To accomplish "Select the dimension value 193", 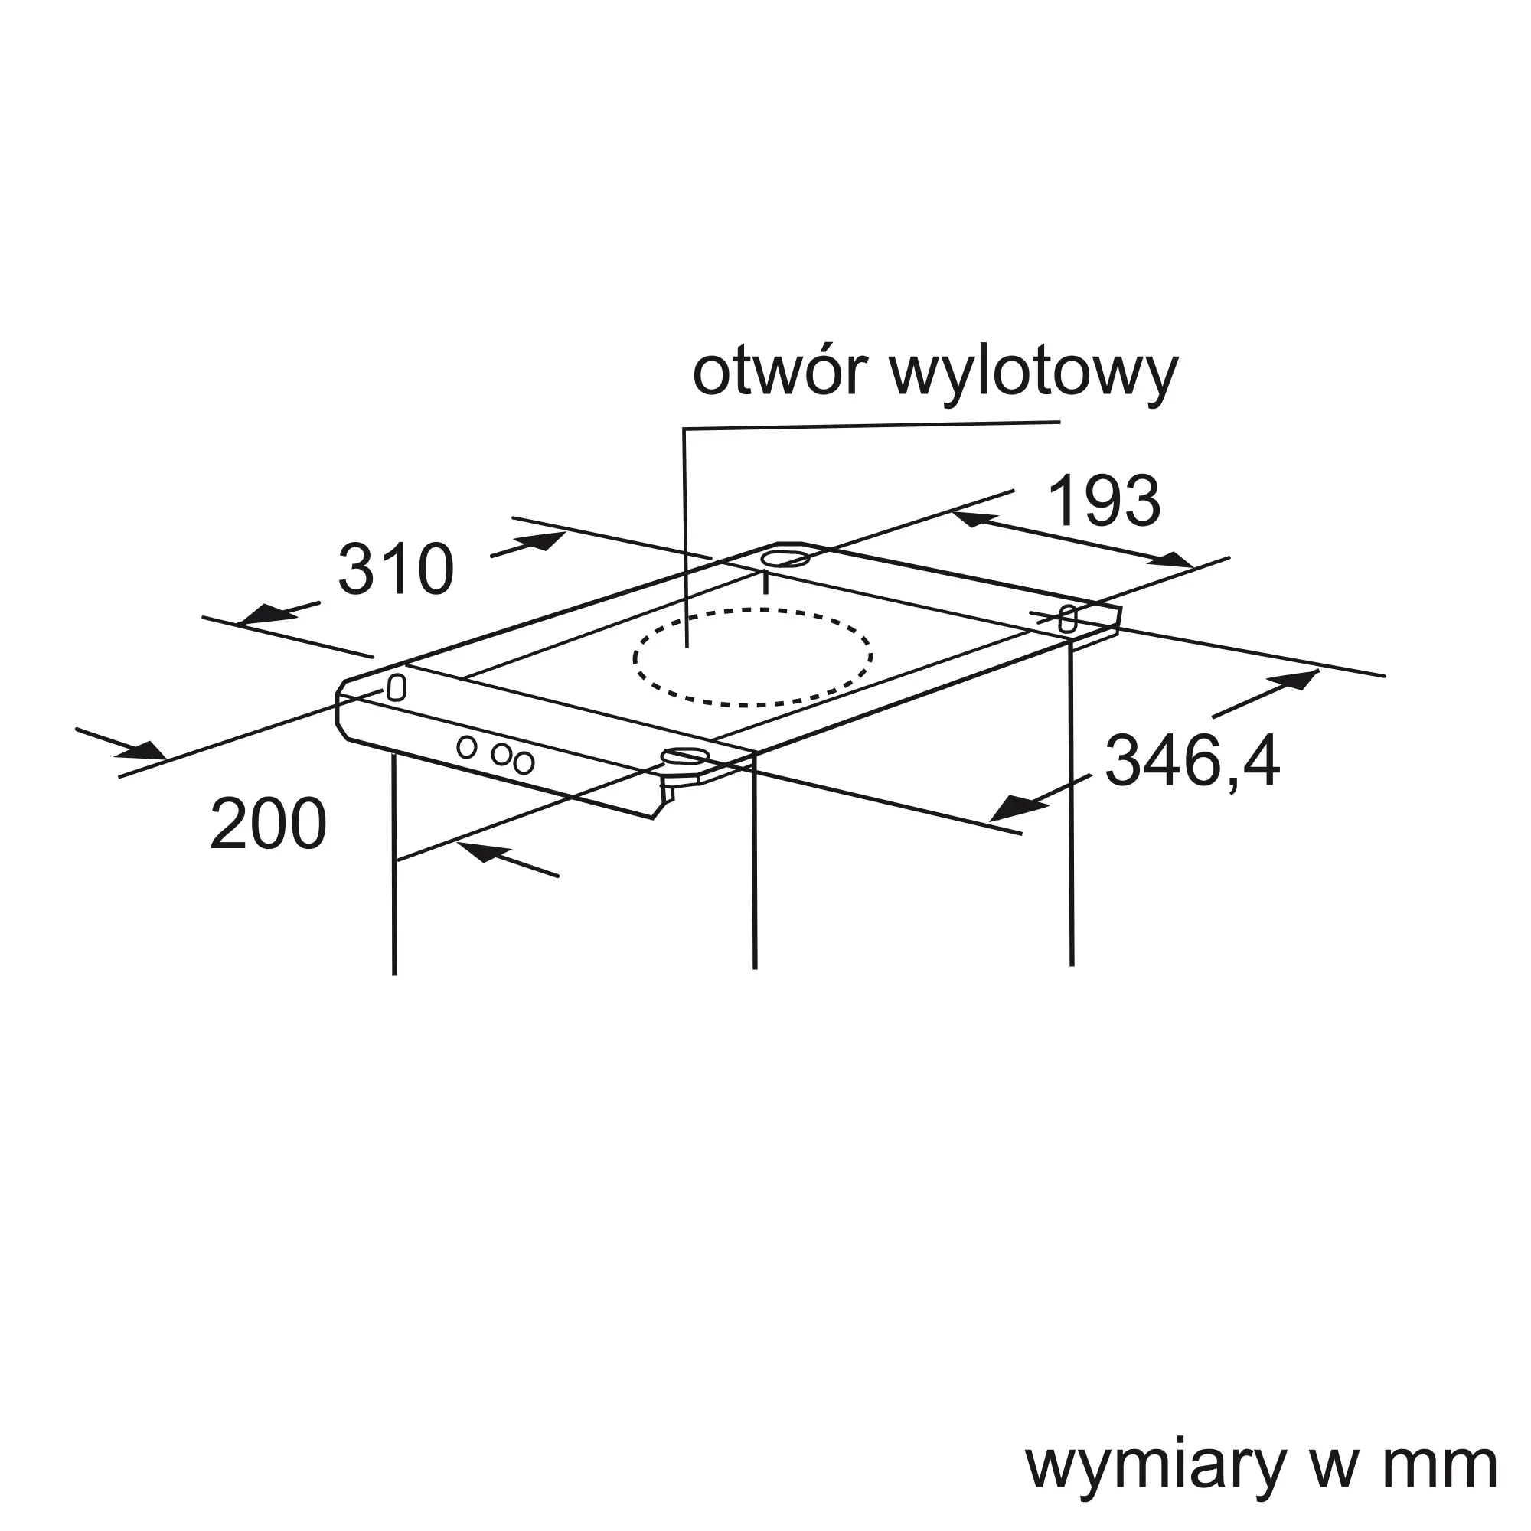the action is point(1104,501).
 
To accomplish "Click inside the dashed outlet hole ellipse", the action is point(752,657).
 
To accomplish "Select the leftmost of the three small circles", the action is point(467,746).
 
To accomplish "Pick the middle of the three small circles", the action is point(501,755).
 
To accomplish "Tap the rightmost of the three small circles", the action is point(523,763).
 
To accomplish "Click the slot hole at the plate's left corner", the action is point(397,687).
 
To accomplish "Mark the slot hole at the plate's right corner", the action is point(1068,618).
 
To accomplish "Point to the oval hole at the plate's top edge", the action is point(785,560).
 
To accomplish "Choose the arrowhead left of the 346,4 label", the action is point(1012,810).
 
